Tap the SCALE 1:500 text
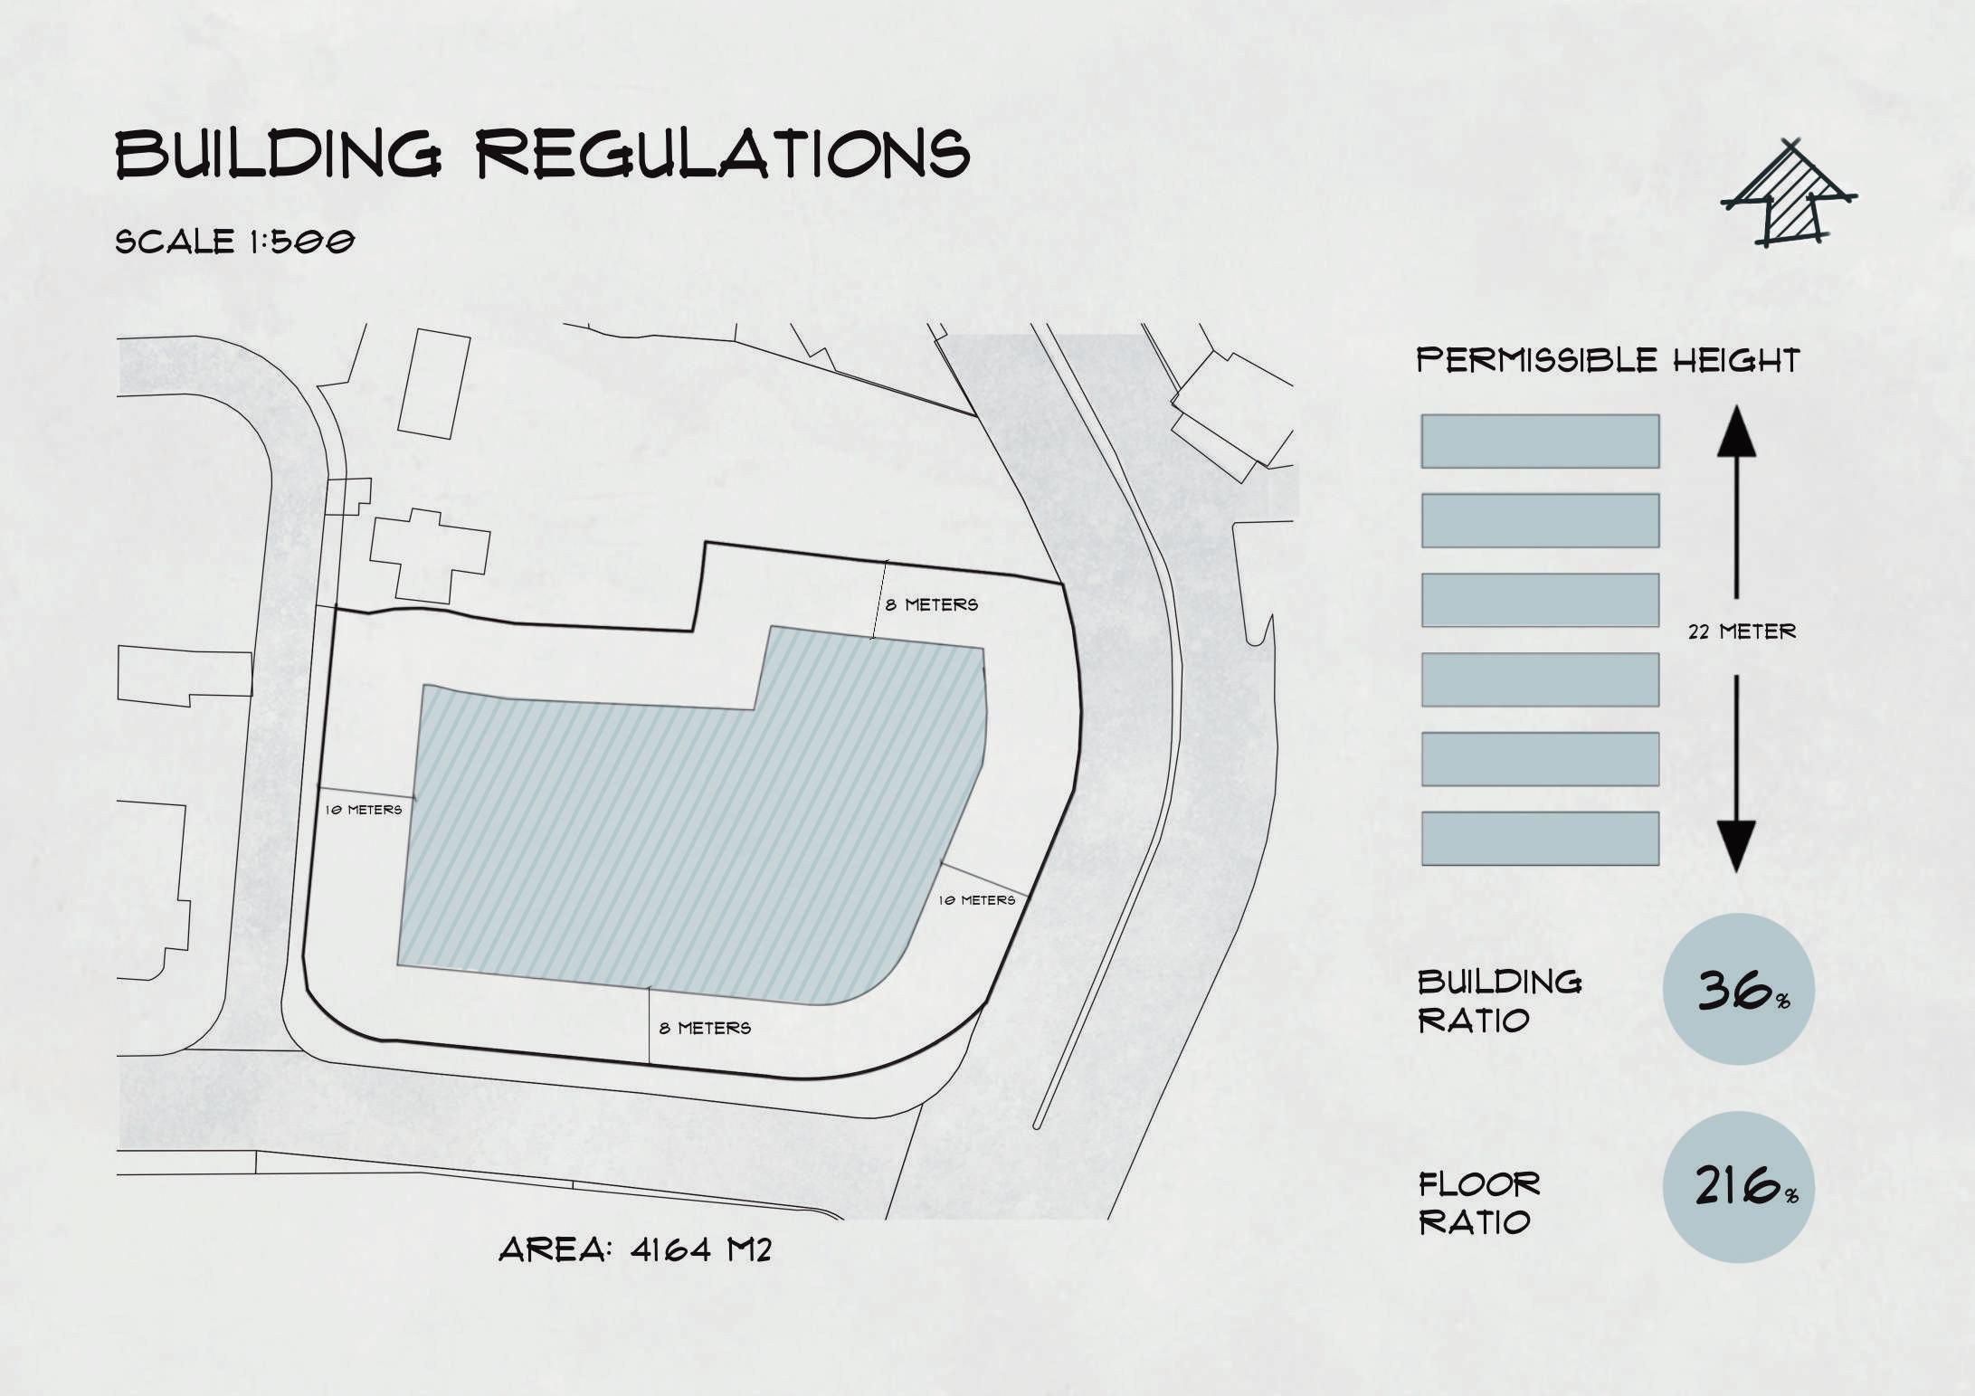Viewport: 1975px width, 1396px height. [x=234, y=242]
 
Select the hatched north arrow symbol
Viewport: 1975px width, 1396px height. [x=1786, y=196]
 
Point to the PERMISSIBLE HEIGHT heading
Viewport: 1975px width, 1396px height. [x=1607, y=360]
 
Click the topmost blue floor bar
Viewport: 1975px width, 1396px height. [x=1540, y=442]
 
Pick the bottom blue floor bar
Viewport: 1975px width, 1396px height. [x=1540, y=839]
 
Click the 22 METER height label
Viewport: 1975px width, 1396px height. [x=1742, y=632]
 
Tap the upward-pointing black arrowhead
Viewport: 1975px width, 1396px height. [x=1736, y=431]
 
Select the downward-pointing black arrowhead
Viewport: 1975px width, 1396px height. [x=1736, y=845]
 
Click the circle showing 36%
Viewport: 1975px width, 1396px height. [x=1738, y=989]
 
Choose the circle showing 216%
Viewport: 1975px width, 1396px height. [x=1738, y=1187]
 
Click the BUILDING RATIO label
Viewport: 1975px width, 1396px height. [x=1498, y=1001]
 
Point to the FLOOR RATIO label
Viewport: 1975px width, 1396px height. [x=1478, y=1203]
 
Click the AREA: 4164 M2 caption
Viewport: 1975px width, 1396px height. [x=635, y=1250]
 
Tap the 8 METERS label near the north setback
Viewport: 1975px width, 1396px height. [x=931, y=604]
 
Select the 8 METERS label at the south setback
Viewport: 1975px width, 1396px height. [x=705, y=1029]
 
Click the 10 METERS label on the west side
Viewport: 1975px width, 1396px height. [x=363, y=810]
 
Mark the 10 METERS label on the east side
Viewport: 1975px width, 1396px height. [x=976, y=900]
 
